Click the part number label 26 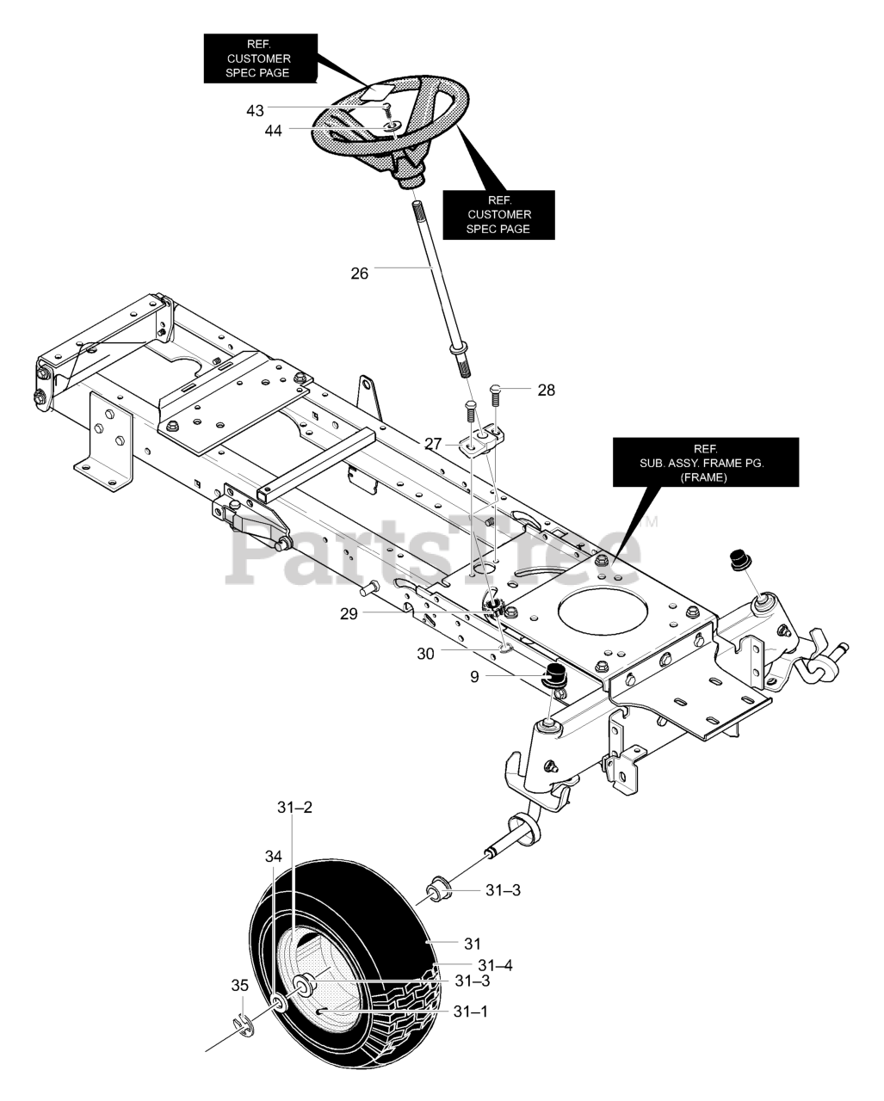[359, 274]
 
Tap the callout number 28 [546, 391]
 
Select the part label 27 [433, 444]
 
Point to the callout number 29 [349, 614]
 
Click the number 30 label [425, 654]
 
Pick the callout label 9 [474, 677]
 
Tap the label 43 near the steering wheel [255, 110]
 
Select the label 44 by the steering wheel [273, 131]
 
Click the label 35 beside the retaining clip [239, 985]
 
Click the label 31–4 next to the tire [495, 965]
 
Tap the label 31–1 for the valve [471, 1012]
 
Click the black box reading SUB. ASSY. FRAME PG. [706, 462]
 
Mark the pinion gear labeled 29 [495, 608]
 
